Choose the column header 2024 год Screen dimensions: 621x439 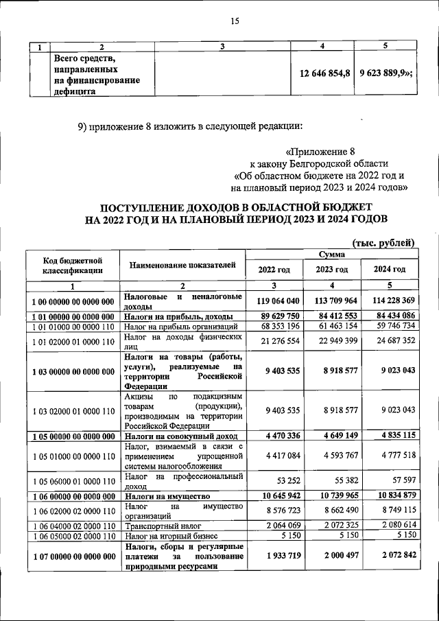(x=389, y=268)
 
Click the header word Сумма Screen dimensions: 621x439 (x=331, y=254)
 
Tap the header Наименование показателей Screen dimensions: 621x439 (x=182, y=265)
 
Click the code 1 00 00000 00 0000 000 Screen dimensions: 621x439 (x=73, y=302)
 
